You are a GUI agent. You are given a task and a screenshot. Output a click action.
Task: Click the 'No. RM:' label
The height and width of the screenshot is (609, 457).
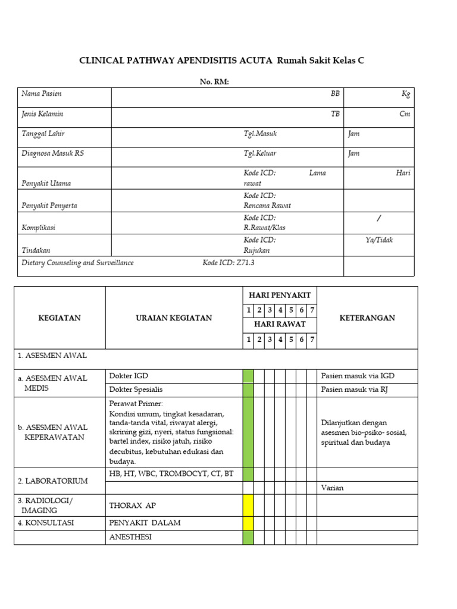tap(214, 82)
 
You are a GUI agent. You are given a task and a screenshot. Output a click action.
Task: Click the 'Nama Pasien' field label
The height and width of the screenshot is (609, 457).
tap(42, 94)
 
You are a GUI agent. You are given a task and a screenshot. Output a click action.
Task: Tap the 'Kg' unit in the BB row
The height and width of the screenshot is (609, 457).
tap(406, 94)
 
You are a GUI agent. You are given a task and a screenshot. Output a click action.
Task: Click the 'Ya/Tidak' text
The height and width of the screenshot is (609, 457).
tap(379, 240)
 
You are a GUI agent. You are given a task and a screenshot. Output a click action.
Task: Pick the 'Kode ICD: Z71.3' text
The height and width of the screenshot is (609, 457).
tap(228, 263)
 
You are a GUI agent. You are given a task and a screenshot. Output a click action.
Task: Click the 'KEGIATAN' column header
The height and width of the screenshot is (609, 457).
tap(60, 318)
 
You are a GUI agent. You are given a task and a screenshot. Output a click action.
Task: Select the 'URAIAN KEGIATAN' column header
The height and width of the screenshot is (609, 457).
tap(174, 318)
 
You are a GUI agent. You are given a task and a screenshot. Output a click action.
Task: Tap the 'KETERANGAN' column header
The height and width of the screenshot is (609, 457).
tap(367, 318)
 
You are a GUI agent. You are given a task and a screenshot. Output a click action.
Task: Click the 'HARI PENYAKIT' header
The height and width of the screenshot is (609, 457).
tap(280, 295)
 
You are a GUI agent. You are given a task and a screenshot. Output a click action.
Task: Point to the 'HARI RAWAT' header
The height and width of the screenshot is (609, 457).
tap(280, 324)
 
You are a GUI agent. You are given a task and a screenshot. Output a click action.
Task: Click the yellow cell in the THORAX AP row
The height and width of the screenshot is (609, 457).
tap(248, 506)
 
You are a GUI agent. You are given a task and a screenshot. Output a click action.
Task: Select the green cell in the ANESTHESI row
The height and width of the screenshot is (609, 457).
tap(248, 537)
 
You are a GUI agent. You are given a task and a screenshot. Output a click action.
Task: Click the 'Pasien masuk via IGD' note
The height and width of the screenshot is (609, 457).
tap(358, 376)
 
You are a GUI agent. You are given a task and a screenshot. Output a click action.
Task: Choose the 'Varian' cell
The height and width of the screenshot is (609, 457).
tap(332, 488)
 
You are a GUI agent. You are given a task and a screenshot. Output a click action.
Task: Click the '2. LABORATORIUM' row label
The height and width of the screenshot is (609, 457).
tap(53, 481)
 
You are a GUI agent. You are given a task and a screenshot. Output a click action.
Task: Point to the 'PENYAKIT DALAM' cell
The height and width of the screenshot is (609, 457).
tap(145, 523)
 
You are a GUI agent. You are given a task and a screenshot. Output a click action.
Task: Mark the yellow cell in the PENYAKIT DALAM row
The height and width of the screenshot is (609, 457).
tap(248, 523)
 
